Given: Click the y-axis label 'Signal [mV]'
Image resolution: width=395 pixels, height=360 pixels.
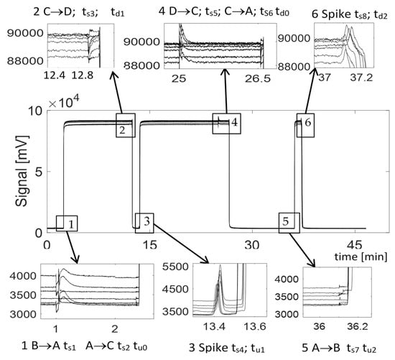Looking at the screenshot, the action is coord(22,171).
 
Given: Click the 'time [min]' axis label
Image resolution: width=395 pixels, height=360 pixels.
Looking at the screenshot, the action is coord(361,257).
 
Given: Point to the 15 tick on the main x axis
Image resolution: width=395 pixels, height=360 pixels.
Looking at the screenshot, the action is coord(149,244).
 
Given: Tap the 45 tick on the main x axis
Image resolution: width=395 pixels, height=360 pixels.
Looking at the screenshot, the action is coord(355,244).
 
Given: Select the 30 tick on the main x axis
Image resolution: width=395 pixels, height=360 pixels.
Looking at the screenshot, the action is coord(252,244).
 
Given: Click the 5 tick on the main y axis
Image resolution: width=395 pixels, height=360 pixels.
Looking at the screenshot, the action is coord(39,172).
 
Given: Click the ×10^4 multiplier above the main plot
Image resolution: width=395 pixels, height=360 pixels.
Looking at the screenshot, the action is coord(64,101).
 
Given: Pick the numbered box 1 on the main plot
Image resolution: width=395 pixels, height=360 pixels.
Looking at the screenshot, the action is coord(67,223).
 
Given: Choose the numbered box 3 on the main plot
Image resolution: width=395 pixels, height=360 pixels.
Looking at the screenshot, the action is coord(144,223).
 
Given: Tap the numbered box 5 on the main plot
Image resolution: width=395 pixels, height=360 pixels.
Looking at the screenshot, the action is coord(289,223).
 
